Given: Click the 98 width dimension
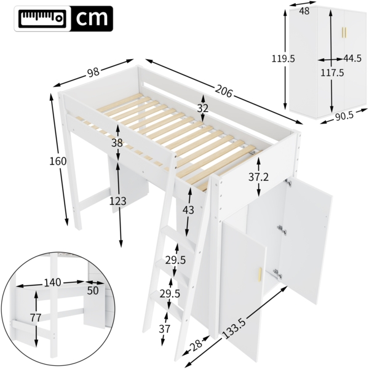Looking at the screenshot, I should pyautogui.click(x=93, y=73).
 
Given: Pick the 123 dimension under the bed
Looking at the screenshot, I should pyautogui.click(x=118, y=201).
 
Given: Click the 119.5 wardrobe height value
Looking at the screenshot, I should pyautogui.click(x=284, y=58).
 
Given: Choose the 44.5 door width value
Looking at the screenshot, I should pyautogui.click(x=352, y=59).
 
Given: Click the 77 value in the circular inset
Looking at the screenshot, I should pyautogui.click(x=35, y=318).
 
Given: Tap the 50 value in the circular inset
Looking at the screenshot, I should pyautogui.click(x=92, y=290).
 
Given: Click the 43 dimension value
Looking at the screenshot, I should pyautogui.click(x=189, y=210).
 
